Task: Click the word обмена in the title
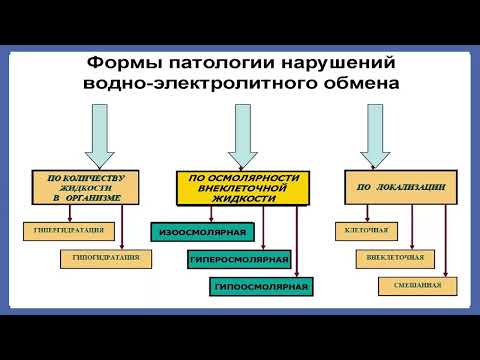[349, 85]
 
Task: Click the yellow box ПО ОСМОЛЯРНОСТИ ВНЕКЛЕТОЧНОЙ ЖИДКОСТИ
[237, 188]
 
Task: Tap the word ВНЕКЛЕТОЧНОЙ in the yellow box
[237, 188]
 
